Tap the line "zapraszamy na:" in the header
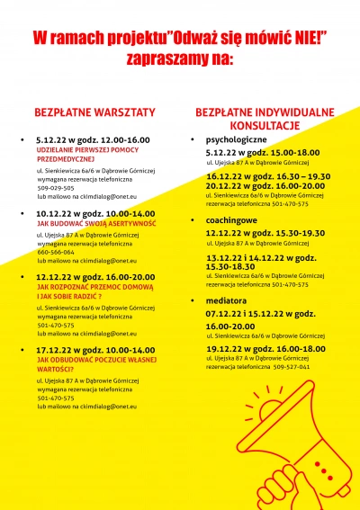click(x=180, y=60)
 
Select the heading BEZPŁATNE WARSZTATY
click(x=94, y=112)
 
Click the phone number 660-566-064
click(x=54, y=252)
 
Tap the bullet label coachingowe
click(x=231, y=219)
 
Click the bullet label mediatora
click(x=226, y=300)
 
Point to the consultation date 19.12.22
click(x=222, y=348)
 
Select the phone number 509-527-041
click(x=292, y=366)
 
